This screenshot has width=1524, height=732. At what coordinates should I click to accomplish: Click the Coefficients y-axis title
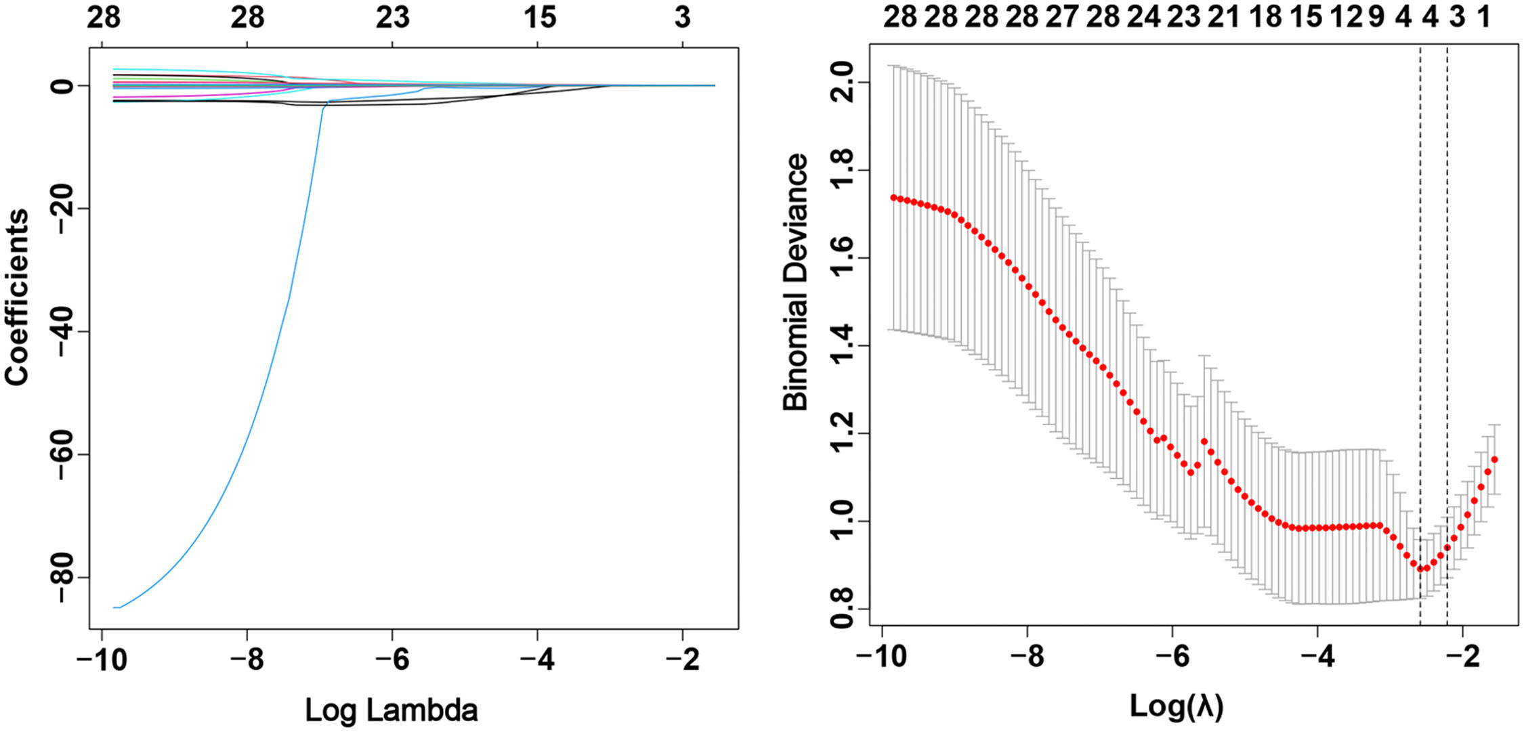point(18,298)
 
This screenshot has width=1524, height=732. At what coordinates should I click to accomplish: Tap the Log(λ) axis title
point(1177,706)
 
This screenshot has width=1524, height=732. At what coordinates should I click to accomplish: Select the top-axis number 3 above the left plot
point(683,18)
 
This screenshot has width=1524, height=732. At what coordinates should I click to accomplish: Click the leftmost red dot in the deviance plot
point(893,198)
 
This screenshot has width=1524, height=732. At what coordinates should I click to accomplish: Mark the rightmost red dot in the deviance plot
point(1494,460)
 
